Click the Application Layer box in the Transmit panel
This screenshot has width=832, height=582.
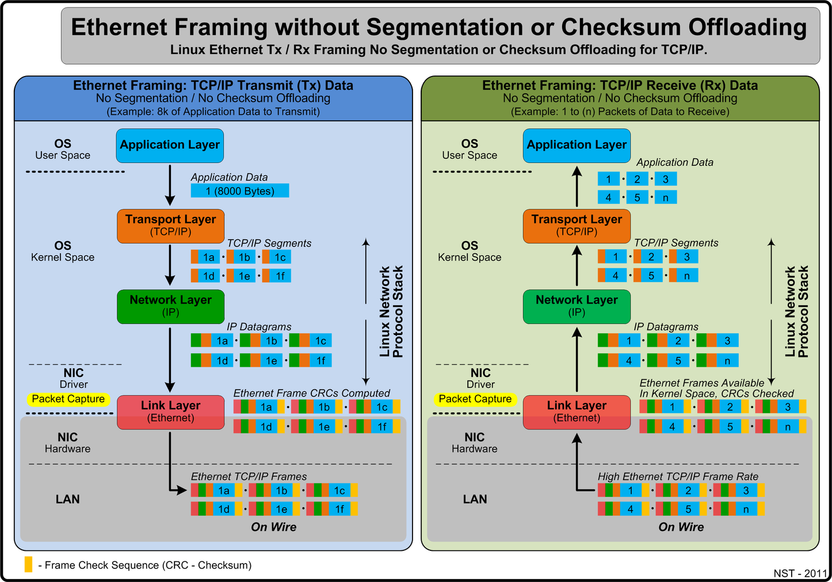click(x=170, y=145)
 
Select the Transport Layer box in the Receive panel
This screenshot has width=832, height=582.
click(x=577, y=225)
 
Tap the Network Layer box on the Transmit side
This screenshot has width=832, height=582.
click(x=170, y=306)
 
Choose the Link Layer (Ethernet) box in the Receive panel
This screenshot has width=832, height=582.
click(x=577, y=412)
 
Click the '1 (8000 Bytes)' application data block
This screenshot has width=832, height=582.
click(x=240, y=191)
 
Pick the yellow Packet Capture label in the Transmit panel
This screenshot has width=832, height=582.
click(x=68, y=399)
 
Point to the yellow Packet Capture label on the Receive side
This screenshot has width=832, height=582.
click(x=475, y=399)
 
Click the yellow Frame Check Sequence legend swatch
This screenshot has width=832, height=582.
click(x=28, y=564)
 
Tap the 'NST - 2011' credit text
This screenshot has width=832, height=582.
click(x=800, y=573)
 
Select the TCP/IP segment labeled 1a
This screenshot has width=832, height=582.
click(x=205, y=257)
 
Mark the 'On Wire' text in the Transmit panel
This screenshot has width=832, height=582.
click(x=273, y=527)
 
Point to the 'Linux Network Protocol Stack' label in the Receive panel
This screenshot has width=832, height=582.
click(x=797, y=311)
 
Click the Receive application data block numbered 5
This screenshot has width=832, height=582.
click(x=638, y=197)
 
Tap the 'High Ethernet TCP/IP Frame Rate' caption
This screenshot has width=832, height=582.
click(x=678, y=477)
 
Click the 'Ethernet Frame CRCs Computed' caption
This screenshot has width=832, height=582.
click(x=311, y=393)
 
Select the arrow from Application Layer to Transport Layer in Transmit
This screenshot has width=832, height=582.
click(x=170, y=185)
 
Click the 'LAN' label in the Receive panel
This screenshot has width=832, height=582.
click(x=475, y=499)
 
